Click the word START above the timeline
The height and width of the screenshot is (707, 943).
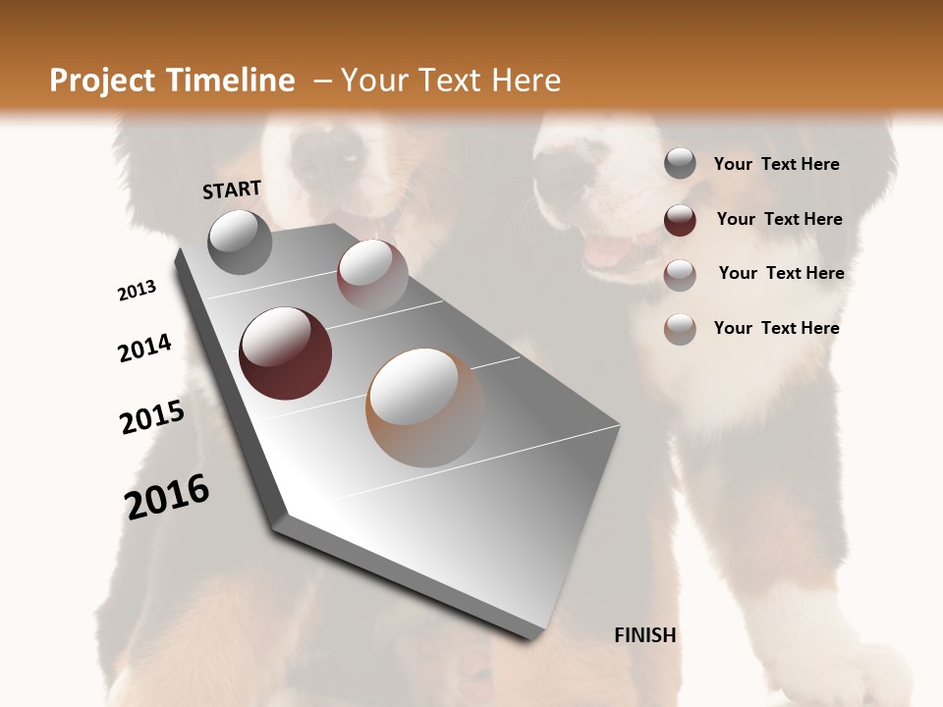tap(232, 190)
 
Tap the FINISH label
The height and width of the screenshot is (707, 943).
tap(645, 635)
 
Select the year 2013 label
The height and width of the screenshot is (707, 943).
tap(138, 291)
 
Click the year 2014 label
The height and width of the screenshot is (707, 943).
tap(145, 348)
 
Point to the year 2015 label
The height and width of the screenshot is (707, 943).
tap(152, 417)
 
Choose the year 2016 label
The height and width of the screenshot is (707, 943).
tap(167, 497)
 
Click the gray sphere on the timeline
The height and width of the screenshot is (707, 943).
tap(240, 242)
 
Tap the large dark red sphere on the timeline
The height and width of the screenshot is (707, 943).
tap(286, 353)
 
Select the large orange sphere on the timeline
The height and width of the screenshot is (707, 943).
tap(425, 408)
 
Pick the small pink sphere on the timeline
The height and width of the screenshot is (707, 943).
tap(372, 274)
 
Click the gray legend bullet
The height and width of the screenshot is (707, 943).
tap(680, 164)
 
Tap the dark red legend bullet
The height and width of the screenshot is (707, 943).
tap(680, 220)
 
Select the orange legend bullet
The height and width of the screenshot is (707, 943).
tap(680, 329)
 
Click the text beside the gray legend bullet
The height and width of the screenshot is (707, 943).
tap(776, 165)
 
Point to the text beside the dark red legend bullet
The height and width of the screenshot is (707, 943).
tap(779, 219)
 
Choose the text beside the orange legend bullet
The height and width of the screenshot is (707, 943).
tap(776, 328)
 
